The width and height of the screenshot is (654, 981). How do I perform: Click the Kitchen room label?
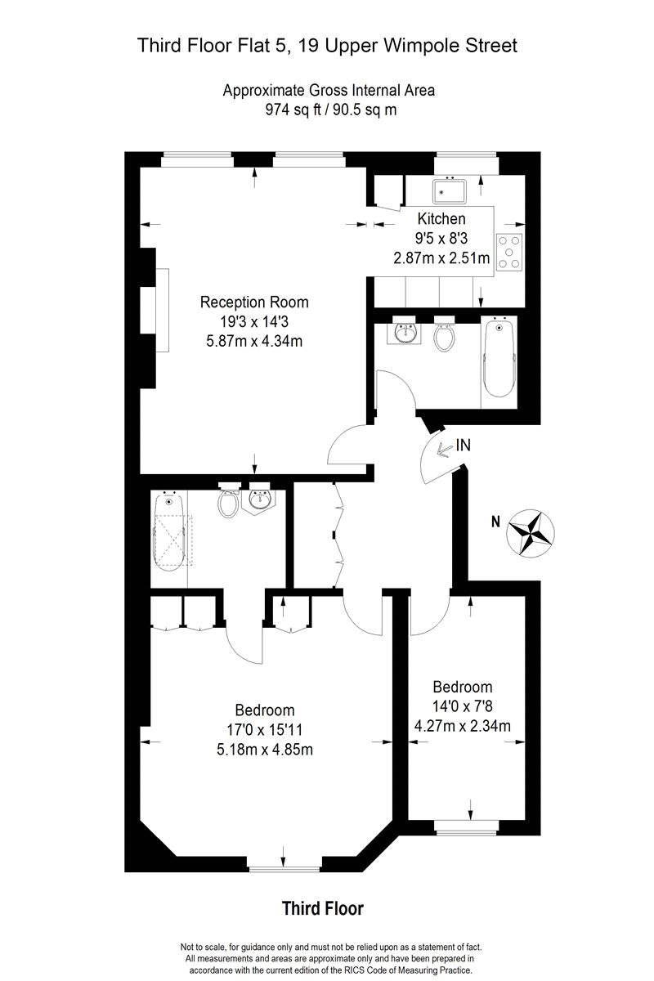click(x=441, y=218)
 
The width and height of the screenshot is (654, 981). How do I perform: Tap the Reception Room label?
click(x=254, y=302)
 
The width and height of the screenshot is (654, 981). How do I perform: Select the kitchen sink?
click(x=450, y=191)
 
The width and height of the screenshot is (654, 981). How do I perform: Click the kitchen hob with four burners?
click(x=509, y=253)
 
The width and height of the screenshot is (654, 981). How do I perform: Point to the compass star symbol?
click(x=531, y=533)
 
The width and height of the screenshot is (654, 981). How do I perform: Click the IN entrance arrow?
click(x=444, y=449)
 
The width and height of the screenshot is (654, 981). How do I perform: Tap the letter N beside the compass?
click(x=495, y=522)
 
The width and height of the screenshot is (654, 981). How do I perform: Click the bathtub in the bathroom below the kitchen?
click(x=499, y=358)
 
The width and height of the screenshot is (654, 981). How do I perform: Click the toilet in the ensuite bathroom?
click(x=228, y=501)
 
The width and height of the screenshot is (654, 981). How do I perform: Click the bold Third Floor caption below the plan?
click(x=323, y=908)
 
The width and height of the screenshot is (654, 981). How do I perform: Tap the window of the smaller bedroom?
click(x=467, y=826)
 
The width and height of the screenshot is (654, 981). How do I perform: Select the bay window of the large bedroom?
click(x=284, y=869)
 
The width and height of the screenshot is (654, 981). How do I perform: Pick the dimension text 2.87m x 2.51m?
click(x=441, y=258)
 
